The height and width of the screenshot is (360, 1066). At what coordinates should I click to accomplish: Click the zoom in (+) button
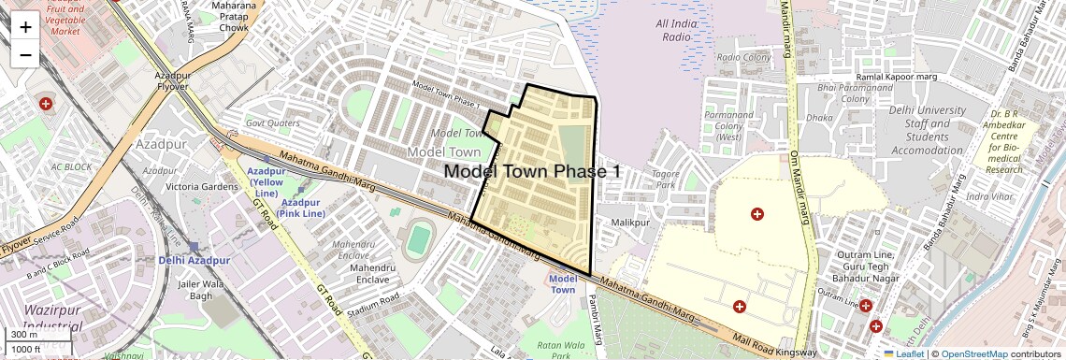25,27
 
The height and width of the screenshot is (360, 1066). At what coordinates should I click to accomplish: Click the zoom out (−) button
25,54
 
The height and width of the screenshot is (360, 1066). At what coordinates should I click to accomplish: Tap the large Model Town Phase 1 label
532,171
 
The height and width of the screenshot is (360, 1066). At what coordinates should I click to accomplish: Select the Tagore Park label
666,179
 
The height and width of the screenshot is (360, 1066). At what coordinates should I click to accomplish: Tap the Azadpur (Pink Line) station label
302,209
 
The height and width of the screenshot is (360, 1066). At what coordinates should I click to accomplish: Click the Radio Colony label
742,58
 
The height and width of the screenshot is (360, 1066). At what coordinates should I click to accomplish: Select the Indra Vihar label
989,196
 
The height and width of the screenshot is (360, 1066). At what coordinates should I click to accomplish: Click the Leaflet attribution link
905,354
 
